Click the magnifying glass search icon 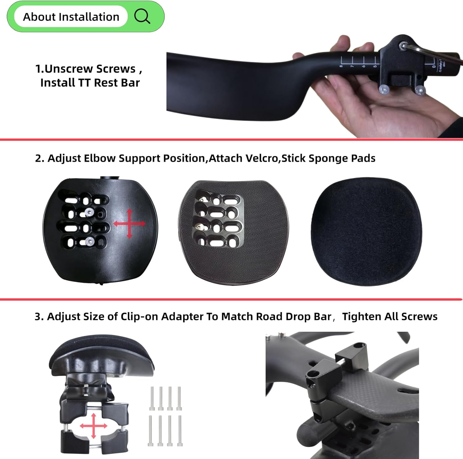coord(142,16)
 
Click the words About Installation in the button coord(71,17)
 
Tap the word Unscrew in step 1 coord(65,69)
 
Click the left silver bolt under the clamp coord(383,90)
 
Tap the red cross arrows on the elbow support coord(129,224)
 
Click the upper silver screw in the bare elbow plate coord(89,213)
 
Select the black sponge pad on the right coord(366,232)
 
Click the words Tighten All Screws coord(390,317)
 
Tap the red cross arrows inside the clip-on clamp coord(94,426)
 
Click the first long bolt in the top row coord(152,398)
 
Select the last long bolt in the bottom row coord(180,431)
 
